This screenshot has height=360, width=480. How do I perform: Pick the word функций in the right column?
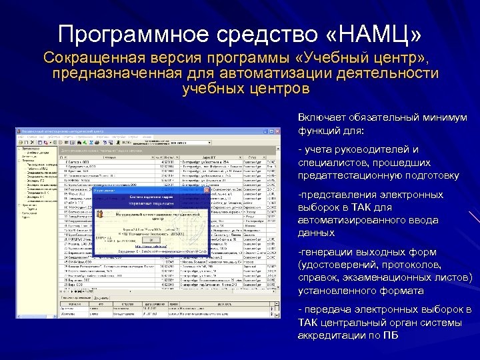click(x=319, y=131)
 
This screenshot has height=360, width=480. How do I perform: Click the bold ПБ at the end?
click(x=392, y=335)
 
